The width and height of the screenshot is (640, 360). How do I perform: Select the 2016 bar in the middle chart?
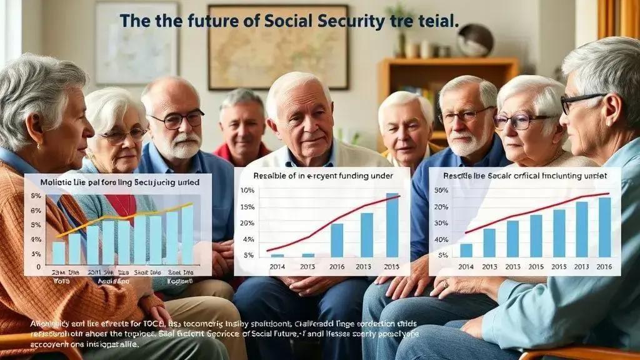click(x=337, y=240)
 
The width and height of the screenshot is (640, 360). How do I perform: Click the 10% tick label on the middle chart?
click(x=247, y=191)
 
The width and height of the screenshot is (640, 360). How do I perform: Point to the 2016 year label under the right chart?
click(x=604, y=266)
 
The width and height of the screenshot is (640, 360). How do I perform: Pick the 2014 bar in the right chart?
click(x=466, y=250)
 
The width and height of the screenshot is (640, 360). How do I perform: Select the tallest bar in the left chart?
click(x=187, y=234)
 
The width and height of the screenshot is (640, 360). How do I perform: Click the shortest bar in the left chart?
click(x=59, y=252)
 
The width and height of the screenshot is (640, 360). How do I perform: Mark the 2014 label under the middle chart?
click(x=277, y=266)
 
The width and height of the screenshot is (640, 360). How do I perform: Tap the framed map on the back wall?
click(x=277, y=47)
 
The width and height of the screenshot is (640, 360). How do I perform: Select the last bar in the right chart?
click(x=604, y=227)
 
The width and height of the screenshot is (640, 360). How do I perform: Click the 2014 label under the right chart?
click(x=466, y=266)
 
